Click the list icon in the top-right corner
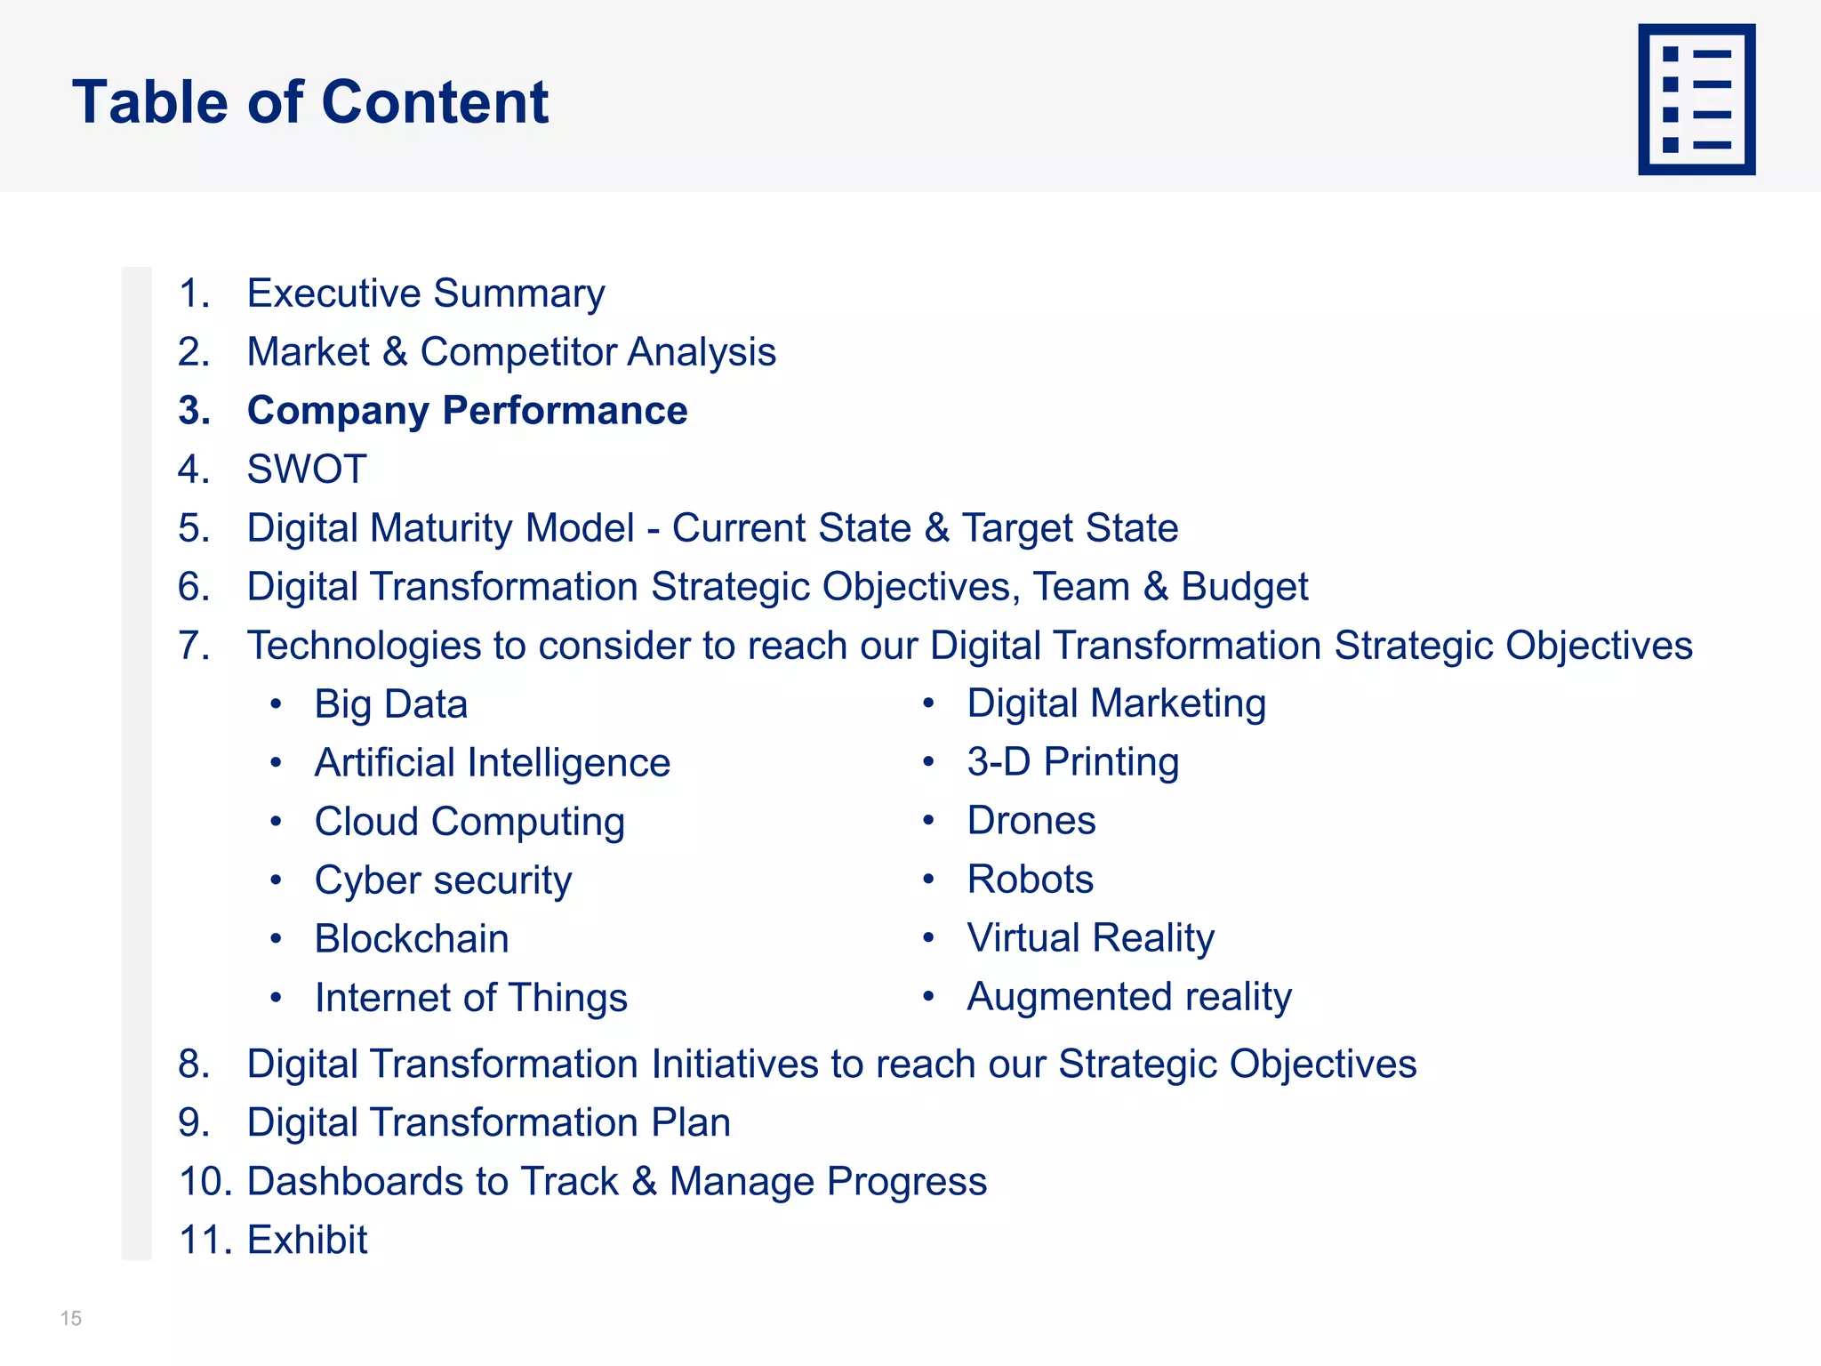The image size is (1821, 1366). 1696,100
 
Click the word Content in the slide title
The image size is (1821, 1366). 435,101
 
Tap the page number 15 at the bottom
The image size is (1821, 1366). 71,1318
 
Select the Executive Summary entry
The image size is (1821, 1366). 425,293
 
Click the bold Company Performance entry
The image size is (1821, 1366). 467,411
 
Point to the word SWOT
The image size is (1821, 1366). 307,470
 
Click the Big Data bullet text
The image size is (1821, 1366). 390,704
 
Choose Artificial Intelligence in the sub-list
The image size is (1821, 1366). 492,763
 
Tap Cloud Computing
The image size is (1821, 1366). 469,822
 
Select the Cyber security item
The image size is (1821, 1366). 443,880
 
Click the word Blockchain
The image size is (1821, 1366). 412,939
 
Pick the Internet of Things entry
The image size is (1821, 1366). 470,998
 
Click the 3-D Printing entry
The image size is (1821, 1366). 1072,762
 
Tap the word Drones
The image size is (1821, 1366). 1031,821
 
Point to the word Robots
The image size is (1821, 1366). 1030,880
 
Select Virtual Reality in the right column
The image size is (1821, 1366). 1090,938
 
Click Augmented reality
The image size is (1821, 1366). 1128,997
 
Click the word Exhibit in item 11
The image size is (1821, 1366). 307,1240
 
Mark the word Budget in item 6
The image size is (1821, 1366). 1244,587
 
